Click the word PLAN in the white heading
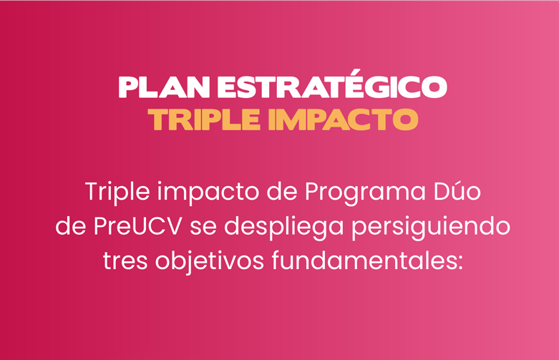164,87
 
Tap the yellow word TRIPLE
204,120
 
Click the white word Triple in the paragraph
117,193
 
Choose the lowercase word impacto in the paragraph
208,193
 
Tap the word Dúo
457,191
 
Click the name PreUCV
137,227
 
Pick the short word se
203,228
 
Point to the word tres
125,261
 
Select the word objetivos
210,261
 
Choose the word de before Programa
281,191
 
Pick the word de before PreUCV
71,226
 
